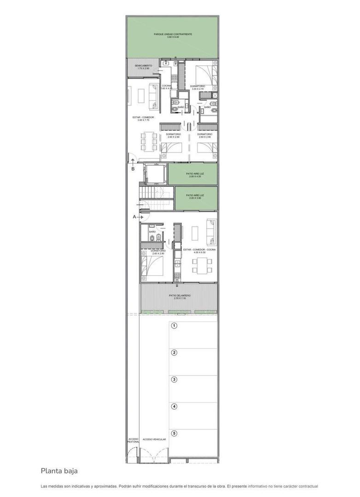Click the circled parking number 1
[x=174, y=326]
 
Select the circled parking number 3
[x=174, y=379]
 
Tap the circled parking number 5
[x=174, y=433]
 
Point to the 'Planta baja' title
[x=59, y=471]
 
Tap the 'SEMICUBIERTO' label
[x=143, y=67]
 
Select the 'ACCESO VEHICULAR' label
[x=154, y=439]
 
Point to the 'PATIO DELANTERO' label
[x=180, y=296]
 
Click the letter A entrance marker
[x=135, y=216]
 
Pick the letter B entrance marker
[x=133, y=169]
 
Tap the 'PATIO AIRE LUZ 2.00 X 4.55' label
[x=195, y=175]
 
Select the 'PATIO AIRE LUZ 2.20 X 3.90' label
[x=195, y=196]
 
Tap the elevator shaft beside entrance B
[x=153, y=174]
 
